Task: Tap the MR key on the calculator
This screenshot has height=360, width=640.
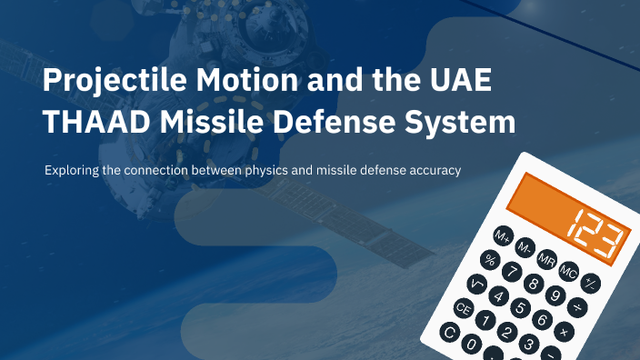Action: tap(546, 259)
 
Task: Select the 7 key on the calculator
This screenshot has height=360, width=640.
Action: tap(514, 272)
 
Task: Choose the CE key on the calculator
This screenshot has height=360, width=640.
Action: tap(465, 309)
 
